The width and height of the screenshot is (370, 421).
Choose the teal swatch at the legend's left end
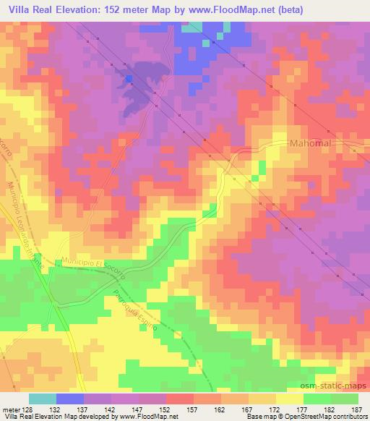[43, 399]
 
